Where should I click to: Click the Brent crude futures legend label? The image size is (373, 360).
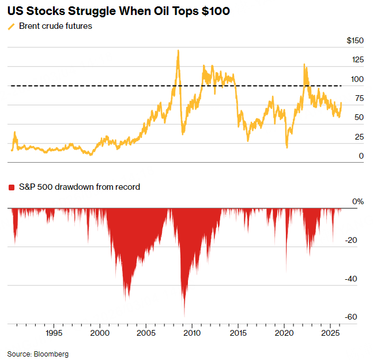(x=55, y=26)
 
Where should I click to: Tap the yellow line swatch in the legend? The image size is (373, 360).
(x=11, y=27)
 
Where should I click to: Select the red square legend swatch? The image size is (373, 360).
(x=11, y=187)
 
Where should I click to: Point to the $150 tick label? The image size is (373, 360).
(x=355, y=41)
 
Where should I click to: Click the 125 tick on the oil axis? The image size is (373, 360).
(x=357, y=60)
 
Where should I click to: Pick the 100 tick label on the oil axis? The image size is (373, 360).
(x=357, y=79)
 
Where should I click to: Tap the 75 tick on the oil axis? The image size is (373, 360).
(x=359, y=99)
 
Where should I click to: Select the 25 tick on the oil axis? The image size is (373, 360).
(x=359, y=137)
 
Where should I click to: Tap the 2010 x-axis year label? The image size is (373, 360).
(x=192, y=333)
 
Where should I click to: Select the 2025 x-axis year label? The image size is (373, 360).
(x=330, y=333)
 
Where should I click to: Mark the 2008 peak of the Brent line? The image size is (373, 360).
(x=178, y=50)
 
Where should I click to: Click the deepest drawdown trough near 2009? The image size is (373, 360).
(x=184, y=316)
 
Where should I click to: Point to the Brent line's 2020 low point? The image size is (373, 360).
(x=287, y=148)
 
